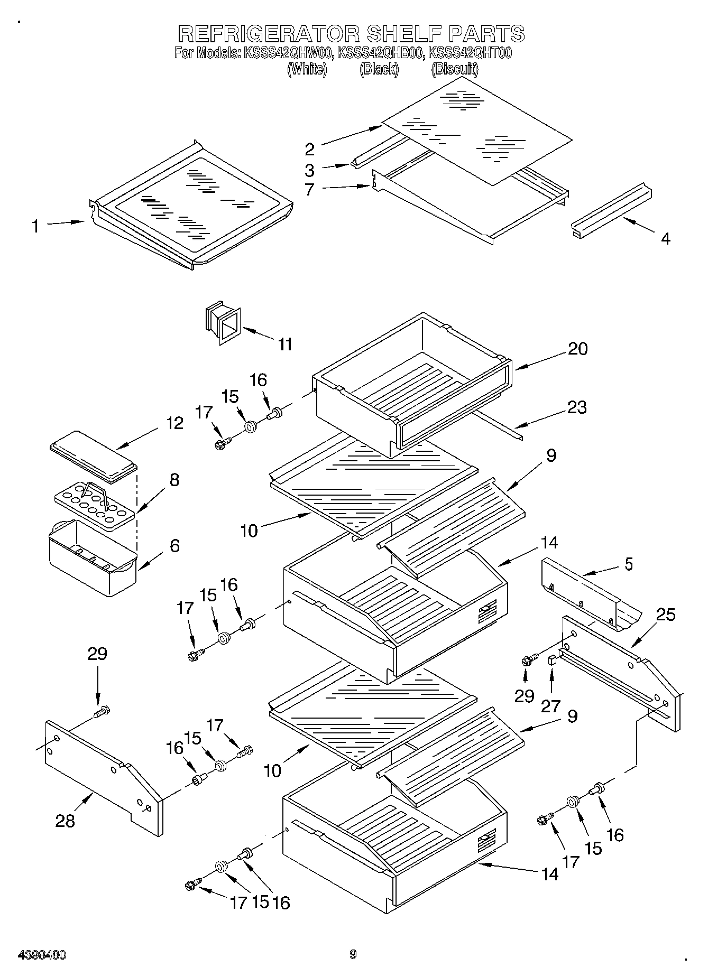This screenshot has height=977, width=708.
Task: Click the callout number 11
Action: tap(285, 345)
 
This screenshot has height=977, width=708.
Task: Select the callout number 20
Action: tap(577, 349)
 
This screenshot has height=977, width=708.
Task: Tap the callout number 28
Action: tap(65, 821)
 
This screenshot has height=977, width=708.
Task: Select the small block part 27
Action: tap(553, 659)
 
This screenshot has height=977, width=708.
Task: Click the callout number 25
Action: tap(666, 615)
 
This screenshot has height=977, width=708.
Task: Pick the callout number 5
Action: tap(628, 564)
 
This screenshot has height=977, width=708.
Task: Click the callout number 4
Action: tap(666, 239)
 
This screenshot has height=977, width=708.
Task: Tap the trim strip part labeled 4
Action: tap(611, 209)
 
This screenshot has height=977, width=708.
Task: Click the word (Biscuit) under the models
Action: tap(455, 69)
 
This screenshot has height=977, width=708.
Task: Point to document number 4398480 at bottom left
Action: tap(42, 955)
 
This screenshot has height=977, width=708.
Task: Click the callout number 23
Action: tap(577, 407)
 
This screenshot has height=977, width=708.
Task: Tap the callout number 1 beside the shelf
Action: tap(35, 227)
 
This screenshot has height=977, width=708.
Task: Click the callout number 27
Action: tap(551, 706)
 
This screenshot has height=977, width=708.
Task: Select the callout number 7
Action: tap(310, 189)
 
